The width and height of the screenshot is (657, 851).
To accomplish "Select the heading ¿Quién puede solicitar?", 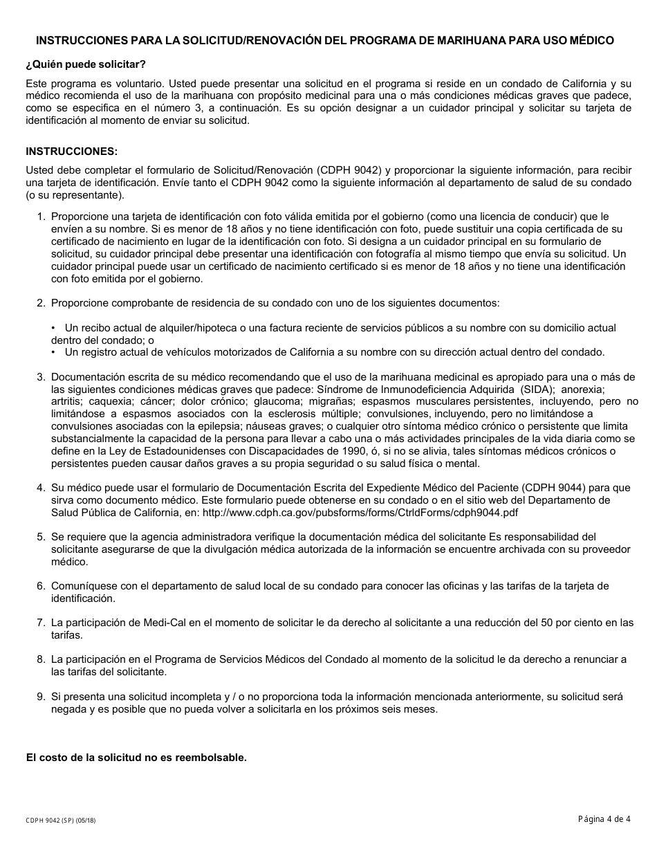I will pos(86,64).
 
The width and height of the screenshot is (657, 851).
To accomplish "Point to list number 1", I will pos(41,217).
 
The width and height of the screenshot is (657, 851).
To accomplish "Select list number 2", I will pos(41,303).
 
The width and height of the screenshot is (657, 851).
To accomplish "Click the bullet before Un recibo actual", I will pos(54,328).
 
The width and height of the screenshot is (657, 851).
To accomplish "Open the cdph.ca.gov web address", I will pos(360,513).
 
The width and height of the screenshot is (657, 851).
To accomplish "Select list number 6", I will pos(41,586).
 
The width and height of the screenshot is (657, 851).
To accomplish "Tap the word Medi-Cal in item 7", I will pos(149,623).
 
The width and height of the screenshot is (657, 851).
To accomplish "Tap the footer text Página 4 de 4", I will pos(604,820).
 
